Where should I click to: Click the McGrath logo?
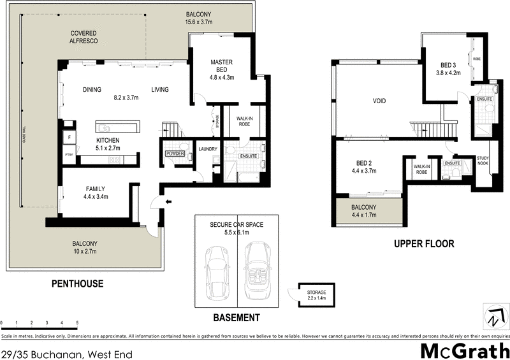464,350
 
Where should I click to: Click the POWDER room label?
175,154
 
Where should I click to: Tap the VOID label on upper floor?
379,101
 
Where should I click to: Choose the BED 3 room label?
449,66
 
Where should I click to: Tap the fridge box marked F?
68,136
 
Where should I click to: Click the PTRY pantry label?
68,154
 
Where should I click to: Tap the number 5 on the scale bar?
77,324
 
